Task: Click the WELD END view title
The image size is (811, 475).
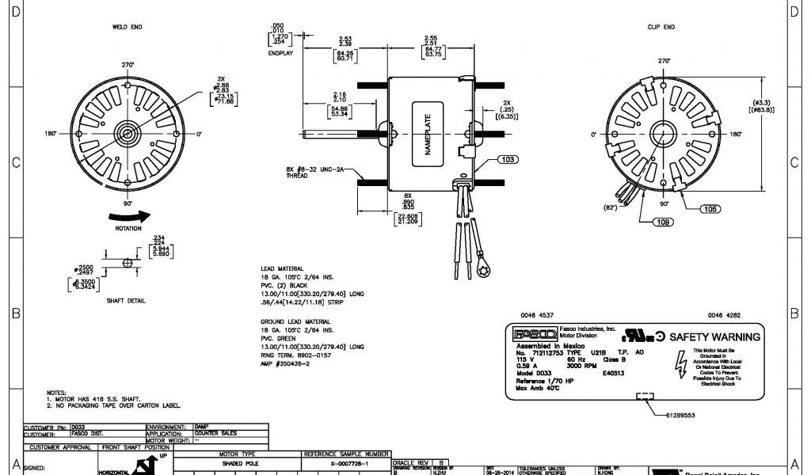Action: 128,27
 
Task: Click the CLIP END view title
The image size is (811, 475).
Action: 661,27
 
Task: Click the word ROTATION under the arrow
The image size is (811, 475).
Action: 128,229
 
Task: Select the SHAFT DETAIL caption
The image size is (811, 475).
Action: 128,300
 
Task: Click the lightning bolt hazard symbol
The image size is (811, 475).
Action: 675,364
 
